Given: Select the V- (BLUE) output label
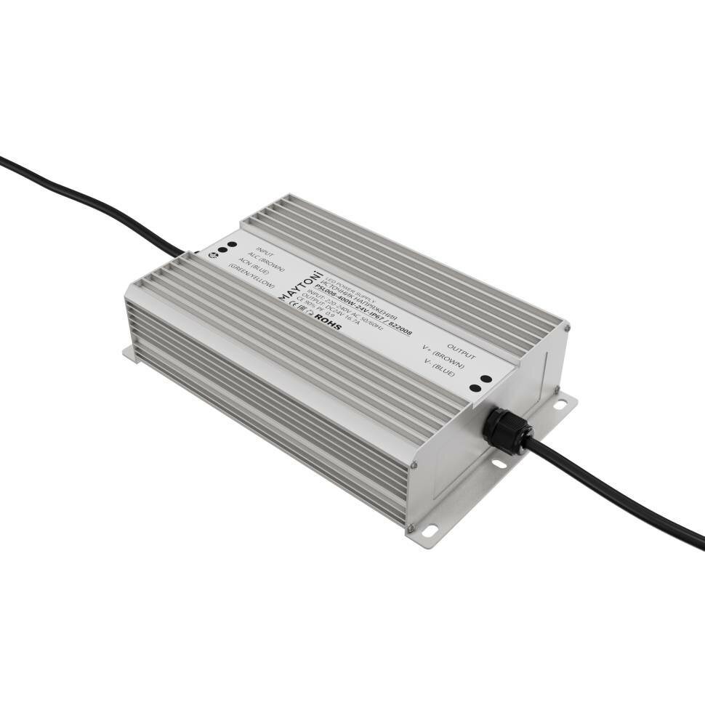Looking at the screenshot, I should tap(440, 371).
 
